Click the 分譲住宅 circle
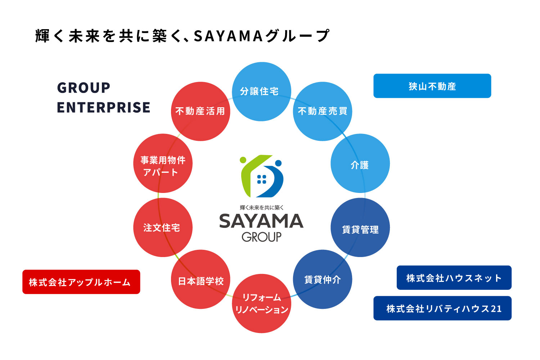(x=261, y=91)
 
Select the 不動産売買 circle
(x=323, y=111)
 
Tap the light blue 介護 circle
(x=360, y=163)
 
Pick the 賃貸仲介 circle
(x=323, y=279)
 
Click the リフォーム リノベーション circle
(x=262, y=303)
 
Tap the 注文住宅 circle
(x=163, y=228)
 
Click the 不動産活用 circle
(x=201, y=111)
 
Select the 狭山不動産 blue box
(x=432, y=86)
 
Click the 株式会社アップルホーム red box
(x=81, y=282)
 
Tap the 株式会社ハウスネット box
(x=454, y=278)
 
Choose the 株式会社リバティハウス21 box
(x=442, y=308)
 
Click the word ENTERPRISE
(x=104, y=107)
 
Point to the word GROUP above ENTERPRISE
(x=84, y=87)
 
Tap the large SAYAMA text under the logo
(x=261, y=221)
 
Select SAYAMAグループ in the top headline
(x=261, y=36)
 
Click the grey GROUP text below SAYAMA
(x=262, y=237)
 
